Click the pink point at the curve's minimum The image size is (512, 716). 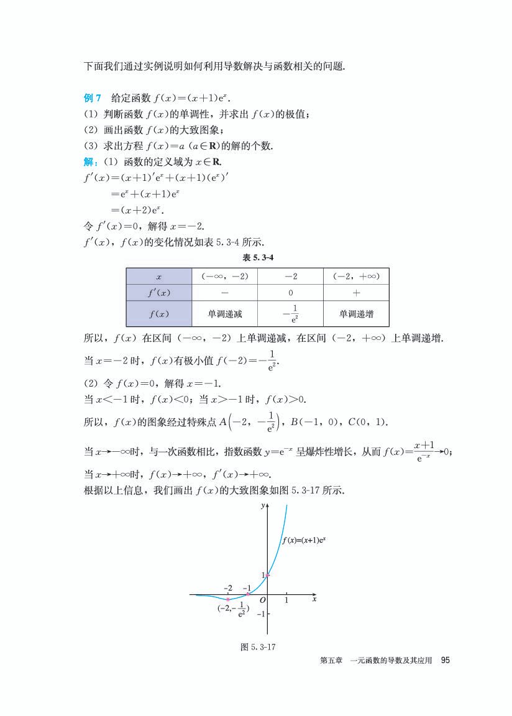tap(228, 599)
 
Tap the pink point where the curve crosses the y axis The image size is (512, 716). tap(267, 575)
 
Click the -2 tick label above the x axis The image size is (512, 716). tap(227, 587)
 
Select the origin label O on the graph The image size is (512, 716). tap(263, 601)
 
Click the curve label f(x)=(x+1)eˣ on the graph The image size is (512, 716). tap(304, 540)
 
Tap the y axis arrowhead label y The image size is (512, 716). tap(263, 507)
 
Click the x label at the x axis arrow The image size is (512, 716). tap(314, 599)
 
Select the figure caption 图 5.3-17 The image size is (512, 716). tap(258, 647)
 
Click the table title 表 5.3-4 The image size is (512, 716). tap(257, 257)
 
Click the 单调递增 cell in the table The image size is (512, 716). tap(356, 314)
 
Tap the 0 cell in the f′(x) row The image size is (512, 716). tap(290, 293)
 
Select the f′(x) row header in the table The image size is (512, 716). tap(159, 293)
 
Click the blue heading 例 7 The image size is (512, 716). tap(92, 98)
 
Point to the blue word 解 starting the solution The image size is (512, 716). tap(89, 162)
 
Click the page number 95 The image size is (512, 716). tap(444, 660)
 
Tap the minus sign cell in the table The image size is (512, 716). tap(224, 293)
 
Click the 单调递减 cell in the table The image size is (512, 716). tap(224, 314)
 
